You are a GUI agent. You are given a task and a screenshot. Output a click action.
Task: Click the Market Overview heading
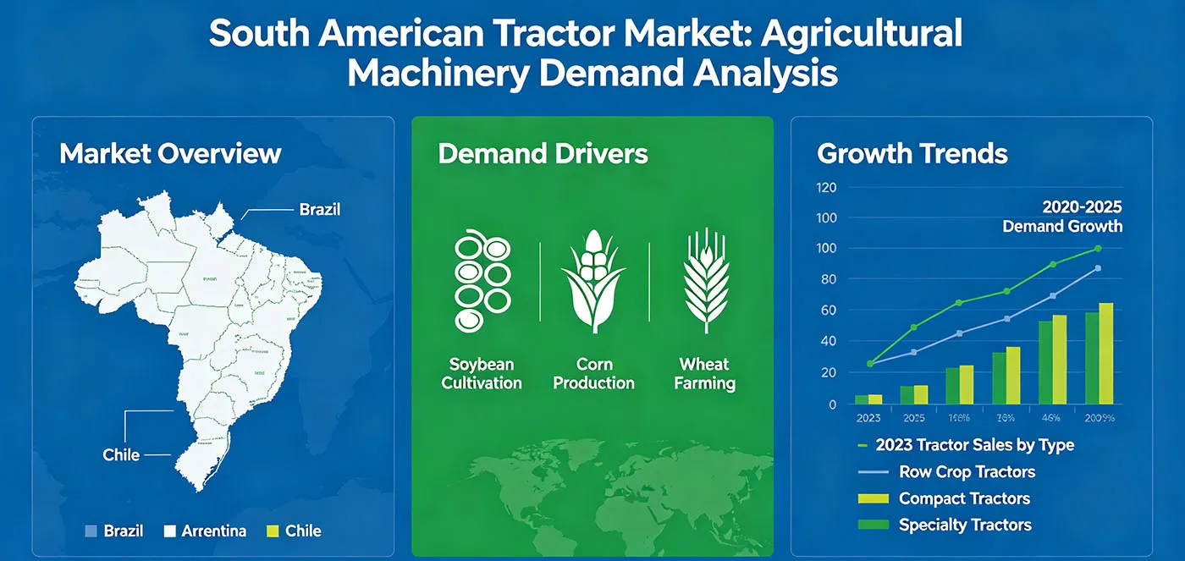click(x=170, y=153)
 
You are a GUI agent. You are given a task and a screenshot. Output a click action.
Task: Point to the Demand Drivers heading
click(x=543, y=153)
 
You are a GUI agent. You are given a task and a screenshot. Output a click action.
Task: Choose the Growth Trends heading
click(x=912, y=153)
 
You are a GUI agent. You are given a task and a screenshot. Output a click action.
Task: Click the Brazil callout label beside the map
click(x=320, y=209)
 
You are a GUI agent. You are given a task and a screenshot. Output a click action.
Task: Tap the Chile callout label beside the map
click(x=121, y=454)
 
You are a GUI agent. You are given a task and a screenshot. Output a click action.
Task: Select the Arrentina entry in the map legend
click(x=214, y=531)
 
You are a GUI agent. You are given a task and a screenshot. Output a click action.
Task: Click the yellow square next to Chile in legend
click(x=273, y=531)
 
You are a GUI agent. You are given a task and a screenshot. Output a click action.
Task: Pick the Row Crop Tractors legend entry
click(x=967, y=471)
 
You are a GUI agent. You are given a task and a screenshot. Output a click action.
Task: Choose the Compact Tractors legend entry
click(x=964, y=498)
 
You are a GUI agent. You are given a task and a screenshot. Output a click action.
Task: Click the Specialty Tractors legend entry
click(x=965, y=525)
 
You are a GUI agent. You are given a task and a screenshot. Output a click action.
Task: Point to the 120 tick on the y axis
click(x=825, y=187)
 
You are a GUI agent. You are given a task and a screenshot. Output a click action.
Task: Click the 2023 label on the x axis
click(x=868, y=418)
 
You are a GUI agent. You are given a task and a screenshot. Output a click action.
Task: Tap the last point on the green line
click(x=1098, y=249)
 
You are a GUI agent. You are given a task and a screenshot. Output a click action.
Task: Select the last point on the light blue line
click(x=1098, y=268)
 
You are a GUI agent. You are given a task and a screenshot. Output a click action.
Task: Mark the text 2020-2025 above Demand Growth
click(x=1082, y=206)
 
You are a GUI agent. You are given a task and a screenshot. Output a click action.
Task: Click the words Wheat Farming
click(x=704, y=373)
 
